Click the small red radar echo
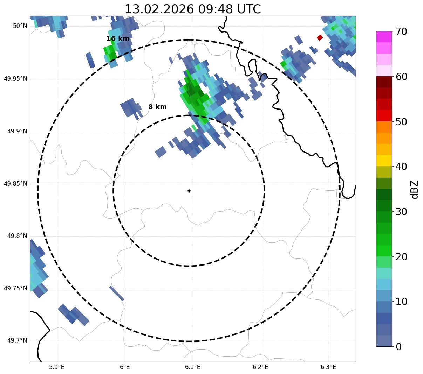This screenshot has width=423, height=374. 320,37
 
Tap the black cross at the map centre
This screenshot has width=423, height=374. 189,191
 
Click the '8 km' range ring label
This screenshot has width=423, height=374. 157,107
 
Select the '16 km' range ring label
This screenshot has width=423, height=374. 118,39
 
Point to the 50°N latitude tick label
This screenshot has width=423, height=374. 20,26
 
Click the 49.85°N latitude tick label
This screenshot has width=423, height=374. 15,184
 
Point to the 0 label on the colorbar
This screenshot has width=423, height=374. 399,347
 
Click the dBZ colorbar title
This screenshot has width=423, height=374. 415,190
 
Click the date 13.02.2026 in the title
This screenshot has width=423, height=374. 159,9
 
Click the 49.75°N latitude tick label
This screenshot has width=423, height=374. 15,288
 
